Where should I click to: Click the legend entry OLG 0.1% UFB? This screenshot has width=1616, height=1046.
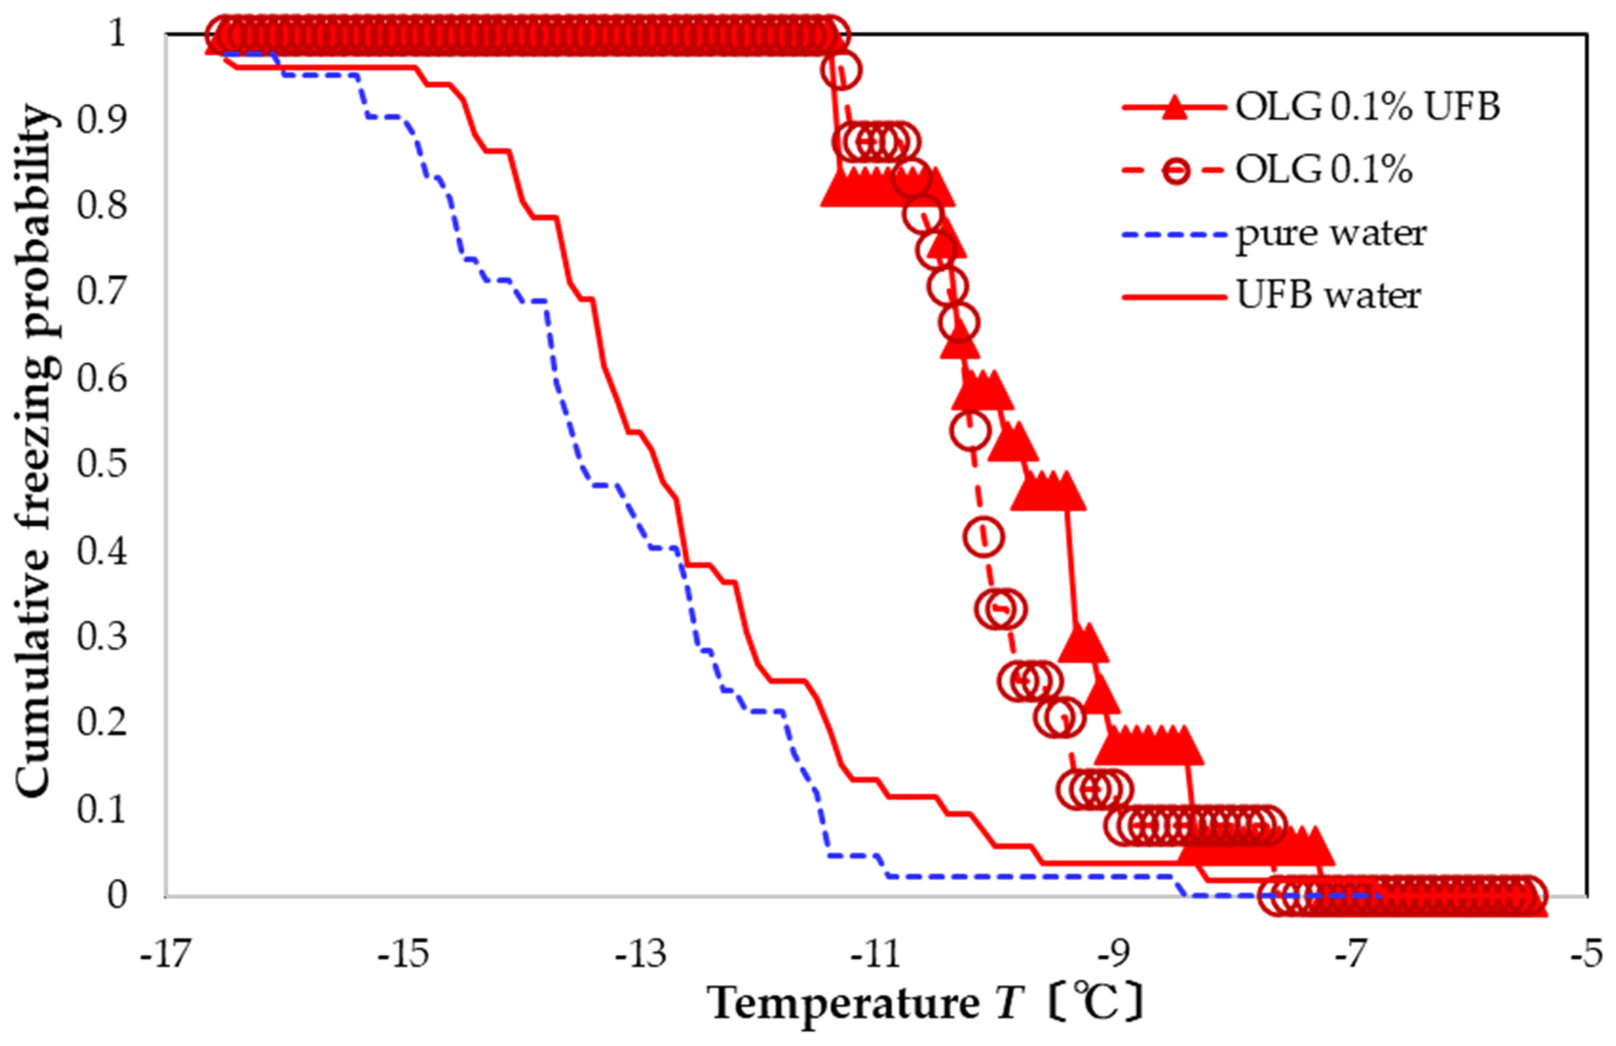tap(1367, 107)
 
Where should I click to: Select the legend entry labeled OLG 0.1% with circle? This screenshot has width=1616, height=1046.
tap(1323, 170)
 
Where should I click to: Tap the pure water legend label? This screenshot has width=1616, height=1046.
tap(1330, 233)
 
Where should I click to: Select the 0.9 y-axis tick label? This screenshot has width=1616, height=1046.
tap(102, 120)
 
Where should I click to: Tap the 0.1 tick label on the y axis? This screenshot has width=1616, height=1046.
tap(102, 809)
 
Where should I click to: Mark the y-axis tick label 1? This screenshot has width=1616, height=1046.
tap(117, 33)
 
